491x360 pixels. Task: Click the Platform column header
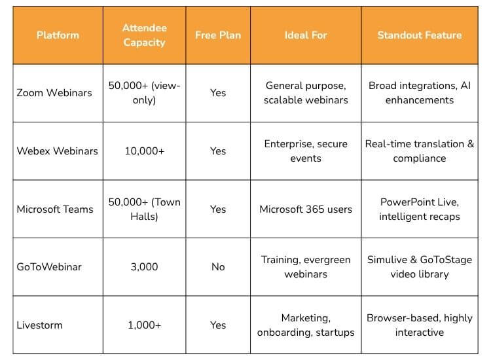(58, 35)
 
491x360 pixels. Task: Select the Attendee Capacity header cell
(144, 35)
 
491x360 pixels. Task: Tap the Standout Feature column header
(419, 35)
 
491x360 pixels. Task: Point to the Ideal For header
(305, 35)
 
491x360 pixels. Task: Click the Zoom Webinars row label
(54, 93)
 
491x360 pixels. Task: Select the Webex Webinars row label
(57, 151)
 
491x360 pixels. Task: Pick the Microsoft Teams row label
(55, 209)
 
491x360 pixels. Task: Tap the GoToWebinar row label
(49, 267)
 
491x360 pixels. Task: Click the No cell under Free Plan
(218, 267)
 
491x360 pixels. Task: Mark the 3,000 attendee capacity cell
(144, 267)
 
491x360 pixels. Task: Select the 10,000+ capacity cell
(144, 151)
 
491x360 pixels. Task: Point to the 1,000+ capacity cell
(144, 325)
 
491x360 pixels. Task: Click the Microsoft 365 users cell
(305, 209)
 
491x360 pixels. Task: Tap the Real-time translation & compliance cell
(419, 151)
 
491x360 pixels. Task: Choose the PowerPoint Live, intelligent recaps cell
(419, 209)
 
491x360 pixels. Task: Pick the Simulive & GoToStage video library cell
(419, 267)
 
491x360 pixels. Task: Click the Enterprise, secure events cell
(305, 151)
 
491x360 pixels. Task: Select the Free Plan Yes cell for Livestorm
(218, 325)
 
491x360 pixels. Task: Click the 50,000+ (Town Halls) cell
(144, 209)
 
